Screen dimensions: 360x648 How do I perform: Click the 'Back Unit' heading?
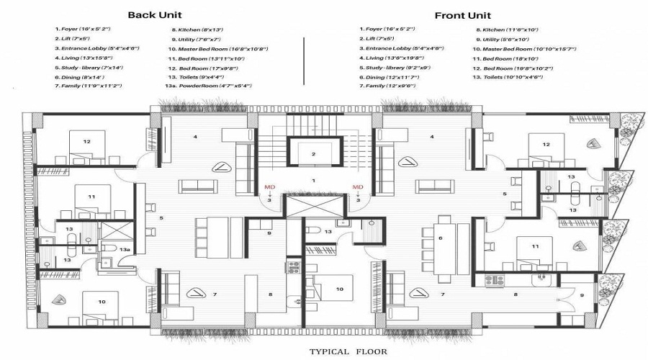click(x=155, y=14)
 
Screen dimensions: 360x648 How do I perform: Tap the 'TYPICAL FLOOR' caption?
click(x=348, y=352)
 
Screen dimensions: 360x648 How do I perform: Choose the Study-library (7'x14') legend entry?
click(x=88, y=67)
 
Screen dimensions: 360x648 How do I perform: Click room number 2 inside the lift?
click(x=313, y=153)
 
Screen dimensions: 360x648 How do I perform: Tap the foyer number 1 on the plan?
click(x=313, y=180)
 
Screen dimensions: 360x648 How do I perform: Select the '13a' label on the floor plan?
click(x=125, y=249)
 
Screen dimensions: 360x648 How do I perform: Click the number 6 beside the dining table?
click(x=440, y=238)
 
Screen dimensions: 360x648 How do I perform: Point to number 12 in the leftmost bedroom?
click(x=86, y=141)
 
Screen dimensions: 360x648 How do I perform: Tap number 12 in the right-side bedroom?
click(x=546, y=145)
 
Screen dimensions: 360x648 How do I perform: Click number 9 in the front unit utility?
click(x=582, y=295)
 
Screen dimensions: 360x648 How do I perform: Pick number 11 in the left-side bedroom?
click(x=91, y=196)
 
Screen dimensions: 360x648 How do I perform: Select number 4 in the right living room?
click(x=431, y=136)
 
